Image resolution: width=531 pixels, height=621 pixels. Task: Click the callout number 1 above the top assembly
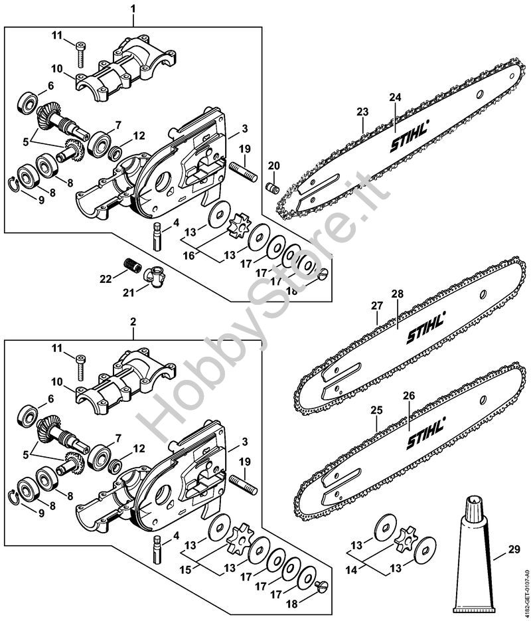(x=133, y=9)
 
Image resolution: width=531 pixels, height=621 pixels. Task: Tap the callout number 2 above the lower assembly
(x=133, y=321)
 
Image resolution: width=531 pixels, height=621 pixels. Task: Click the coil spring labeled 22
(x=133, y=264)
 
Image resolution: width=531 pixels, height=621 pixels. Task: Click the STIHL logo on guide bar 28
(x=426, y=327)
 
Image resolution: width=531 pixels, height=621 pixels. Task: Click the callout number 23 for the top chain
(x=362, y=112)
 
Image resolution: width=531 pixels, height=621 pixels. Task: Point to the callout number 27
(x=377, y=306)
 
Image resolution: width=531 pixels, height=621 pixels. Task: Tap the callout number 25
(x=377, y=410)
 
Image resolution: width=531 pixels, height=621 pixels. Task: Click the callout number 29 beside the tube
(x=514, y=550)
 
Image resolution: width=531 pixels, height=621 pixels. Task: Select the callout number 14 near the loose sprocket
(x=351, y=571)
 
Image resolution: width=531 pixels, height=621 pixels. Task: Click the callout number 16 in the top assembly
(x=189, y=256)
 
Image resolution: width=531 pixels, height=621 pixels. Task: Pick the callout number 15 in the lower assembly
(x=186, y=570)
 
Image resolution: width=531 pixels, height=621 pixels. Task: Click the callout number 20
(x=273, y=165)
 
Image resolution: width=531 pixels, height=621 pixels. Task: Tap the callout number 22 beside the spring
(x=106, y=279)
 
